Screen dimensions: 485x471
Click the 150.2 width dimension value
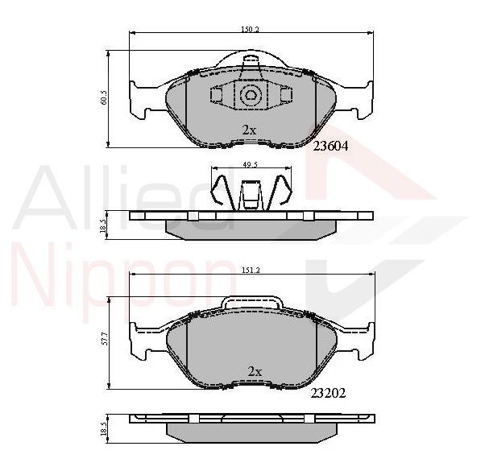click(x=250, y=30)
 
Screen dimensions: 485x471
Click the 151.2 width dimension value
click(x=251, y=270)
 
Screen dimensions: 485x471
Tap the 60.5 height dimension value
click(x=104, y=97)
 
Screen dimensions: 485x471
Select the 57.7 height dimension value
click(x=105, y=339)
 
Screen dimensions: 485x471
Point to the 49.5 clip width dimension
click(x=251, y=165)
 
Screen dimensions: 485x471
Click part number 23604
click(x=330, y=147)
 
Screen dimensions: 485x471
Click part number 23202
click(x=328, y=394)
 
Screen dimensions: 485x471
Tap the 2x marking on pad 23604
click(x=249, y=130)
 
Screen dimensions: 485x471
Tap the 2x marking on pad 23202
click(x=255, y=371)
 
